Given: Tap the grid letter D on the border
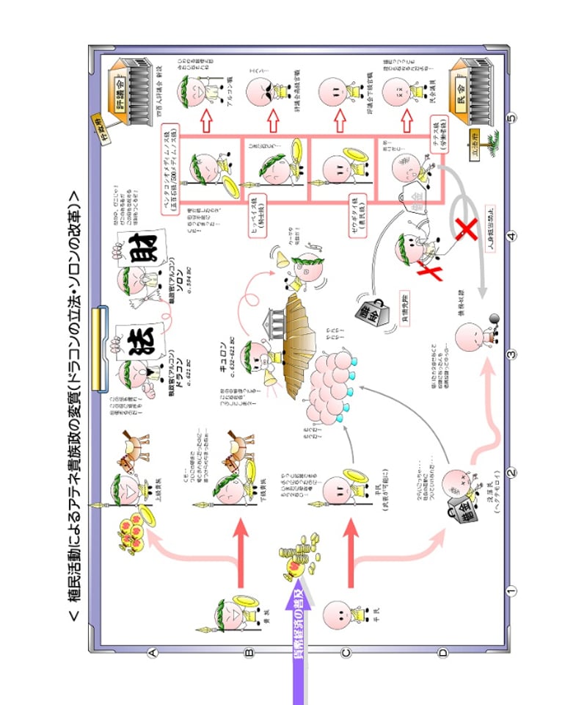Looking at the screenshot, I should click(442, 651).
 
